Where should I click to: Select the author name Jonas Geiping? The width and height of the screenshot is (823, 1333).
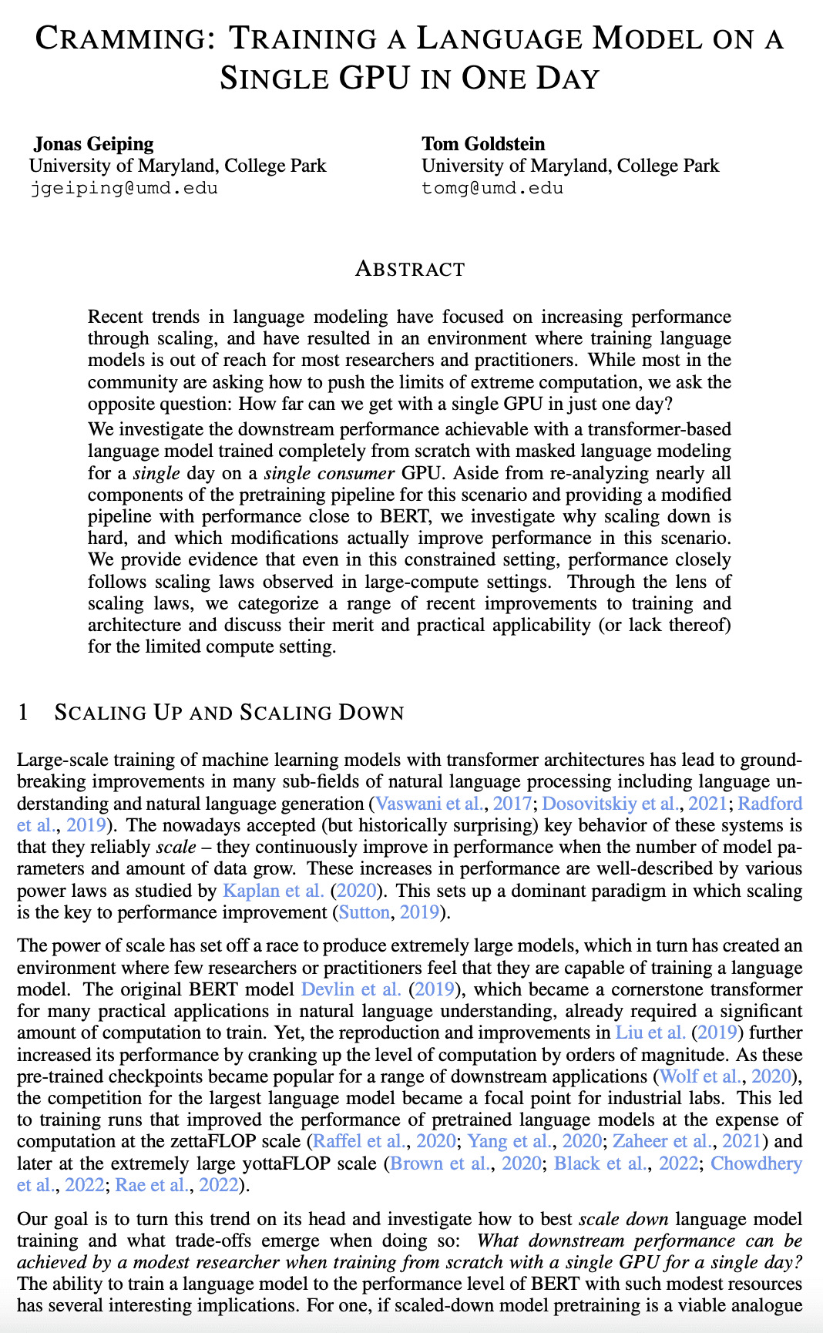[x=93, y=143]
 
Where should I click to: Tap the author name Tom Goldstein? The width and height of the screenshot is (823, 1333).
[x=482, y=143]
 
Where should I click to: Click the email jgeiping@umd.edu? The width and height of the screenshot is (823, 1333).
[x=123, y=188]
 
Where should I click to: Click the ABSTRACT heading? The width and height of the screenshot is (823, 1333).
[x=410, y=269]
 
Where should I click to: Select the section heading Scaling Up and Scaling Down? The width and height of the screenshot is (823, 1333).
[x=229, y=712]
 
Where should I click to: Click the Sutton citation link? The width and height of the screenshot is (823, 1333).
[x=364, y=912]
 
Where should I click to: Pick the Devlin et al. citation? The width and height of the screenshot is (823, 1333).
[x=351, y=989]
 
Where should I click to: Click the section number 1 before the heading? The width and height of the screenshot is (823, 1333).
[x=22, y=712]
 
